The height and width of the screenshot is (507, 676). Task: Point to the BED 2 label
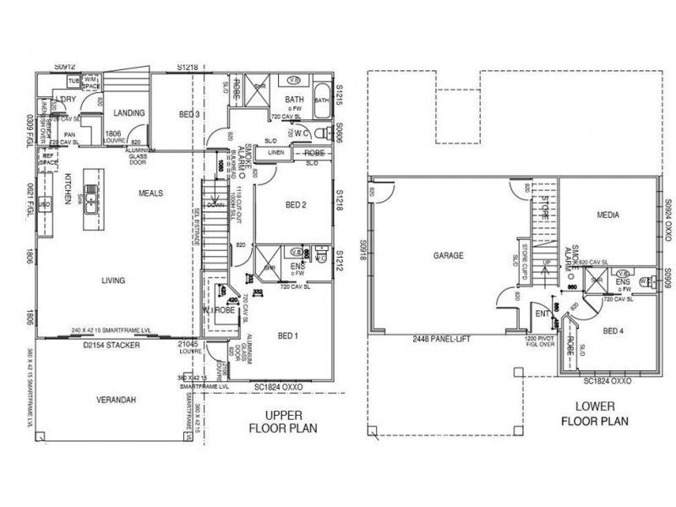(295, 205)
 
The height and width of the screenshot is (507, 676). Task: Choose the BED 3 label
(190, 114)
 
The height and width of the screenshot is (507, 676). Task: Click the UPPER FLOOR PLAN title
(283, 422)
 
